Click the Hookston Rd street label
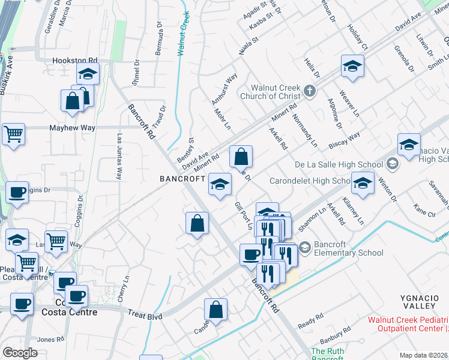coord(75,61)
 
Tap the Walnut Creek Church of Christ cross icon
coord(309,91)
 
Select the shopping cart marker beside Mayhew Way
coord(13,134)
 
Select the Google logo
coord(20,353)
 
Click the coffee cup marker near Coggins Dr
coord(17,193)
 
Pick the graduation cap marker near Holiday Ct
coord(352,66)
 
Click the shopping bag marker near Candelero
coord(215,310)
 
